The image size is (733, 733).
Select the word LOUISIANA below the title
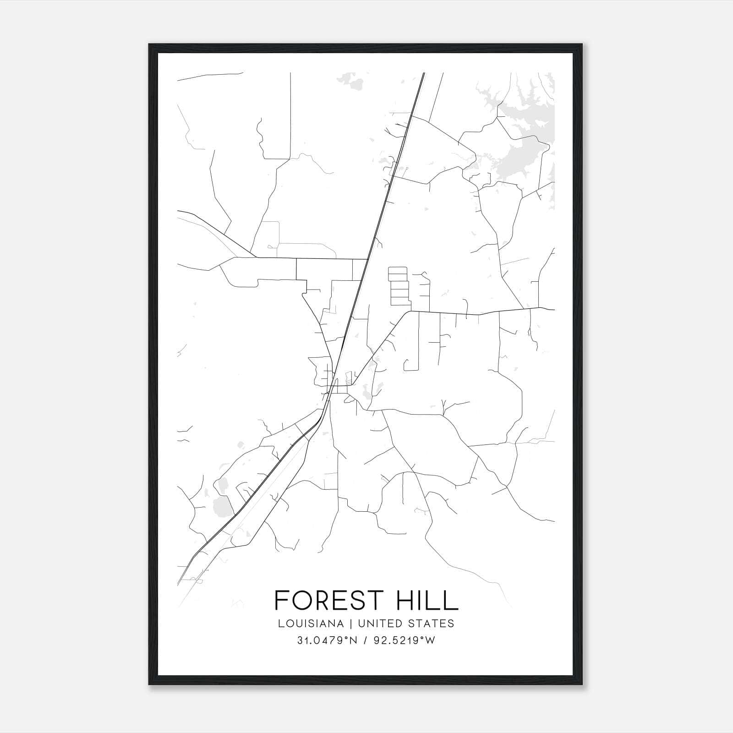[310, 624]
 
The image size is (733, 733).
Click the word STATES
[432, 624]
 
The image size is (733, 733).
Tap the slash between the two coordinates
[366, 640]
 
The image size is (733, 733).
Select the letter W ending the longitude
[430, 640]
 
